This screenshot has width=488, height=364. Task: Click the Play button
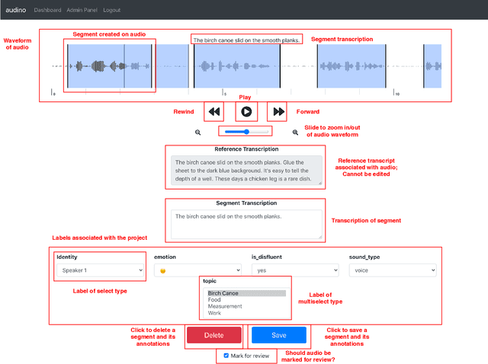pos(246,111)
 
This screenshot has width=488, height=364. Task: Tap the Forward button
pos(278,111)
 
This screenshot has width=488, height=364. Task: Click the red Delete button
pos(213,335)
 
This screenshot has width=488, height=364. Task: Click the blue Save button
pos(278,335)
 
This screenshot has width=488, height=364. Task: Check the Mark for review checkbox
pos(226,356)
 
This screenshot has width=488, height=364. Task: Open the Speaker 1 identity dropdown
pos(100,270)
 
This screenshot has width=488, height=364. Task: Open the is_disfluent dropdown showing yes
pos(294,270)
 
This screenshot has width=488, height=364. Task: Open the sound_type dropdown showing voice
pos(392,270)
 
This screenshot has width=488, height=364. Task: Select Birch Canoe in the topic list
pos(246,293)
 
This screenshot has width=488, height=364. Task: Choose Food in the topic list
pos(246,300)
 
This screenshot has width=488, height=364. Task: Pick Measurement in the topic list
pos(246,306)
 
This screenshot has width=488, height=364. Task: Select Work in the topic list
pos(246,312)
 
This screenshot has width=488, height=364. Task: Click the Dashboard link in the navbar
pos(47,10)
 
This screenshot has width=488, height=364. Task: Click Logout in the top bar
pos(111,10)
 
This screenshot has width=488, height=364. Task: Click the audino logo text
pos(16,10)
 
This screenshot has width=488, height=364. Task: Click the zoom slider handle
pos(247,132)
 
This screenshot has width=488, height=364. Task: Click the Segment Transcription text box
pos(246,224)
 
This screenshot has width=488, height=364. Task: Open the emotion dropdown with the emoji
pos(197,270)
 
